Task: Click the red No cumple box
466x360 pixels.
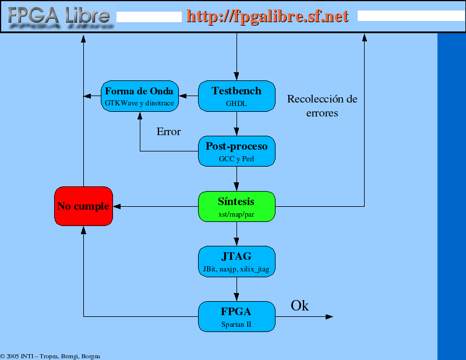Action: pyautogui.click(x=83, y=206)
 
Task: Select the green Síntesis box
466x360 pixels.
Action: pyautogui.click(x=236, y=206)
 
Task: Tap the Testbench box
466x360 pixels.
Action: pyautogui.click(x=236, y=96)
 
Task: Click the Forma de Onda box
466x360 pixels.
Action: pyautogui.click(x=140, y=96)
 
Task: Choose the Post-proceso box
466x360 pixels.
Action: pyautogui.click(x=236, y=151)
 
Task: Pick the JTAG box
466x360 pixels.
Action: pyautogui.click(x=236, y=262)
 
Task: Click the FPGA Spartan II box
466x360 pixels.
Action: pyautogui.click(x=236, y=316)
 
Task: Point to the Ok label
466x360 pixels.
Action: pyautogui.click(x=299, y=306)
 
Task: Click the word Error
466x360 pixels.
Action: pyautogui.click(x=168, y=132)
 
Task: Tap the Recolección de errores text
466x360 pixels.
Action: pyautogui.click(x=322, y=106)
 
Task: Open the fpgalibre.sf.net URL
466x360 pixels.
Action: pyautogui.click(x=267, y=16)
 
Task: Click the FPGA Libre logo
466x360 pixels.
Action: pyautogui.click(x=59, y=17)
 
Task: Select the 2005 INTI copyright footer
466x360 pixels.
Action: pyautogui.click(x=50, y=356)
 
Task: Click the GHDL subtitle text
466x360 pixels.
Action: pyautogui.click(x=236, y=104)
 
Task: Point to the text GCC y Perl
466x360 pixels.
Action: pyautogui.click(x=236, y=159)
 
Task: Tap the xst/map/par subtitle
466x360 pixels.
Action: pyautogui.click(x=236, y=214)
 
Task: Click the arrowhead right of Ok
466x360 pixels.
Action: pyautogui.click(x=329, y=316)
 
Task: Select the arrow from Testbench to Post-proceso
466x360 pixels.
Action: pyautogui.click(x=236, y=123)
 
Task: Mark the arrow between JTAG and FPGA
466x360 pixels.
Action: pyautogui.click(x=236, y=290)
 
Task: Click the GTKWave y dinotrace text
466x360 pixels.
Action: pyautogui.click(x=139, y=103)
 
